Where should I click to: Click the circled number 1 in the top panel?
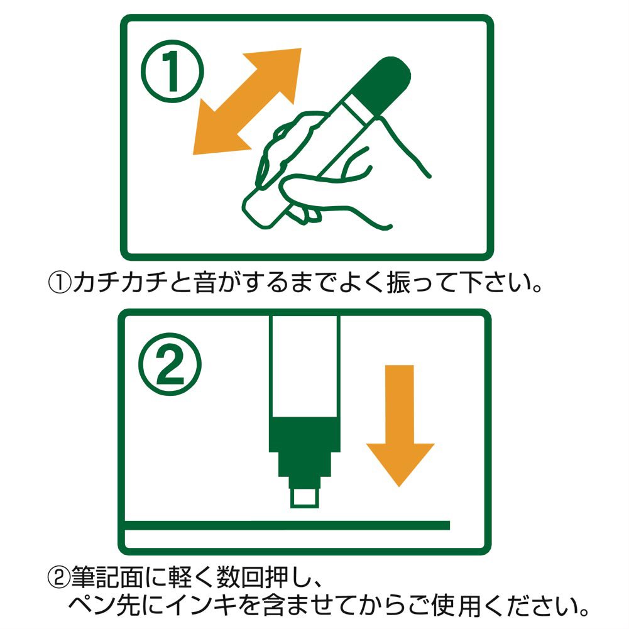[x=172, y=72]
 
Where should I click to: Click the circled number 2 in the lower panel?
[x=170, y=364]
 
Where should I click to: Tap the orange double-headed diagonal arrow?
[x=247, y=101]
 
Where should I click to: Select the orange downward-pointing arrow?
[x=400, y=425]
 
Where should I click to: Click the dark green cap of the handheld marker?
[x=385, y=85]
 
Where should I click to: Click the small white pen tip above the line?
[x=305, y=498]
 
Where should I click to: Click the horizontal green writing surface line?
[x=287, y=525]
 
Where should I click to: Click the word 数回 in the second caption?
[x=241, y=577]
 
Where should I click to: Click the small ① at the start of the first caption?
[x=60, y=282]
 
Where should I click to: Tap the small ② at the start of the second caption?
[x=59, y=577]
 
